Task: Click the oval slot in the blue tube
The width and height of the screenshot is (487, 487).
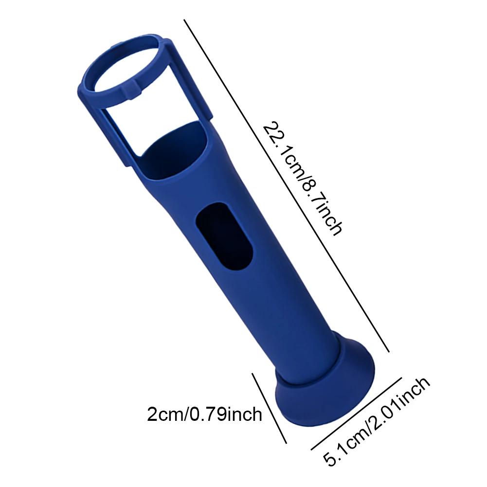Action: tap(224, 236)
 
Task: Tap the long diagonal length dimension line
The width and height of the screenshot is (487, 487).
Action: tap(287, 185)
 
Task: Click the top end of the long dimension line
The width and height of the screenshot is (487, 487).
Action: tap(184, 20)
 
